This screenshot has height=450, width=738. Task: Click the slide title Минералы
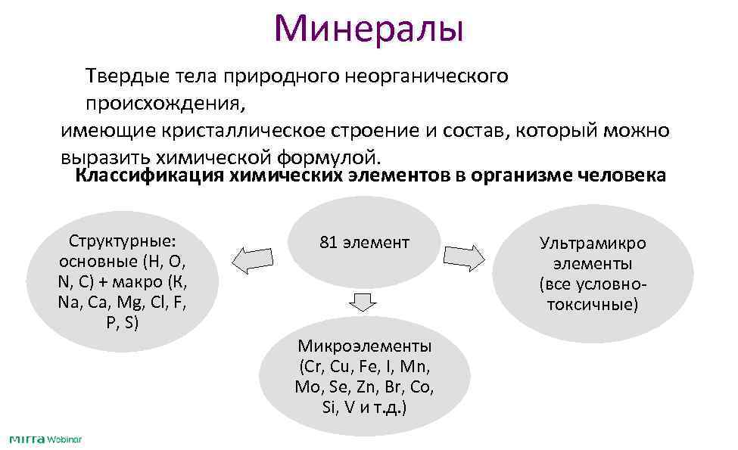[x=369, y=28]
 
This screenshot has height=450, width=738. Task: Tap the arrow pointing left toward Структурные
[x=252, y=260]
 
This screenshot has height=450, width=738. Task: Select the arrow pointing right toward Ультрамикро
[x=463, y=257]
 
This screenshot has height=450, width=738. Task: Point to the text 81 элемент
[x=364, y=243]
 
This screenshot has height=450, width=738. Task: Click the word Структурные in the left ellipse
[x=122, y=241]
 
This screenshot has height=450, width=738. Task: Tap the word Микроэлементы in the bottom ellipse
[x=364, y=346]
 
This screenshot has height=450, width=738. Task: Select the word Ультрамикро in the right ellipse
[x=593, y=244]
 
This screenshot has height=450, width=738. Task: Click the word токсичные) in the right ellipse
[x=593, y=305]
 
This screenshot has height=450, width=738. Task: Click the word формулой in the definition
[x=332, y=157]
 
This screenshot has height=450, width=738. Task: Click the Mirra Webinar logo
[x=45, y=439]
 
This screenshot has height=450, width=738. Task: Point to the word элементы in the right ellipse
[x=593, y=264]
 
